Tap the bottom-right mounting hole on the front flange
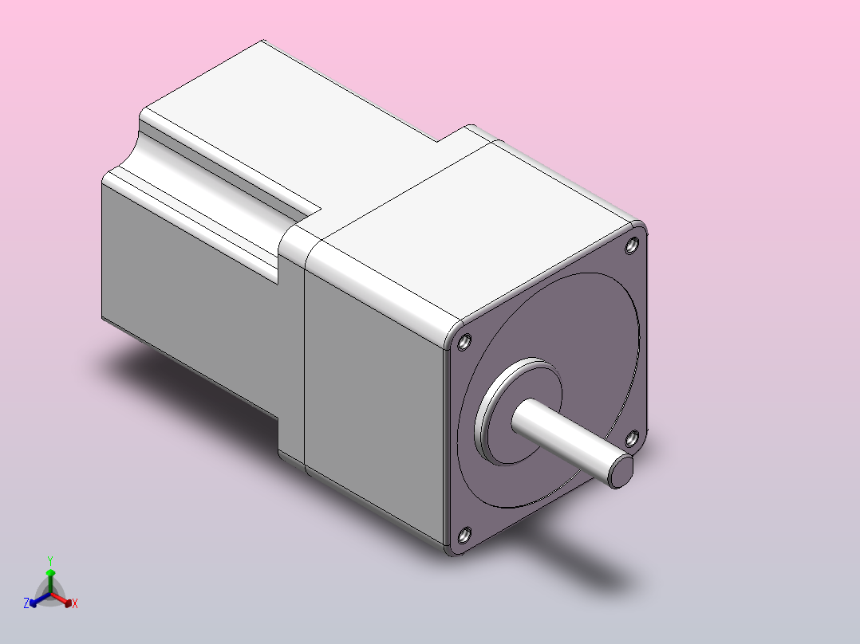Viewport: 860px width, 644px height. tap(631, 437)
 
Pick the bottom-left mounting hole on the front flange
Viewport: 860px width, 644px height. tap(465, 535)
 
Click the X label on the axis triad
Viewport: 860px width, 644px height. tap(75, 603)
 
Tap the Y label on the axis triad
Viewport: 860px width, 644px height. tap(50, 560)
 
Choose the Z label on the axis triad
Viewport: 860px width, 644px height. tap(26, 603)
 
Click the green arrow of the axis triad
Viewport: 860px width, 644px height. tap(50, 577)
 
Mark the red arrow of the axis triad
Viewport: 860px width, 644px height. tap(64, 599)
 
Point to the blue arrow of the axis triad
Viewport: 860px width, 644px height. tap(37, 599)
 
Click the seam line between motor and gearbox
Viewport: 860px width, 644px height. tap(305, 359)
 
